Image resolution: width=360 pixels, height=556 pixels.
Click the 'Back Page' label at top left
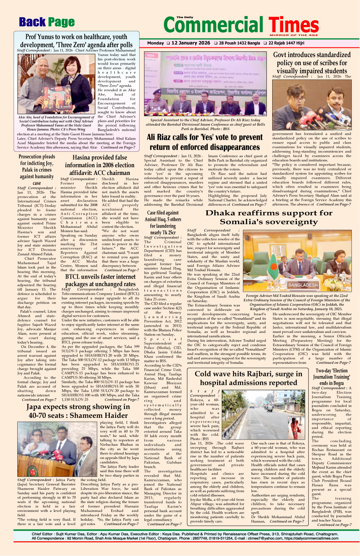[x=47, y=22]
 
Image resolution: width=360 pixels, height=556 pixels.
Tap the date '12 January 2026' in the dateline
[x=191, y=43]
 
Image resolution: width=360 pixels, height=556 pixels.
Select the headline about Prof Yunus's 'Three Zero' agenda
[x=76, y=40]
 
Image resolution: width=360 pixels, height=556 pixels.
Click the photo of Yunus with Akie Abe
[x=56, y=84]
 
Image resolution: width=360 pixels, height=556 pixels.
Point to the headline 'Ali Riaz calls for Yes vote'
[x=205, y=142]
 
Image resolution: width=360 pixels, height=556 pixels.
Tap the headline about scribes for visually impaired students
[x=312, y=62]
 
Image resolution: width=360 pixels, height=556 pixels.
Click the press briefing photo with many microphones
[x=312, y=105]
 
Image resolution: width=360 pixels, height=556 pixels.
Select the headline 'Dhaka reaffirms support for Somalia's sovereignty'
[x=269, y=217]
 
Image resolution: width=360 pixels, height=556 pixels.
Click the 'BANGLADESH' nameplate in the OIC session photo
[x=303, y=284]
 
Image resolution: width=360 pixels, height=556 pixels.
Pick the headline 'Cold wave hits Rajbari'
[x=248, y=378]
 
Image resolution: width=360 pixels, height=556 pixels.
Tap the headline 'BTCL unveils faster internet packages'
[x=100, y=280]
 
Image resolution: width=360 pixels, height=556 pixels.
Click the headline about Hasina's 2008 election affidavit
[x=100, y=165]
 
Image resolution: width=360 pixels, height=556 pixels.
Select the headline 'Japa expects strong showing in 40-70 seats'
[x=78, y=411]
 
